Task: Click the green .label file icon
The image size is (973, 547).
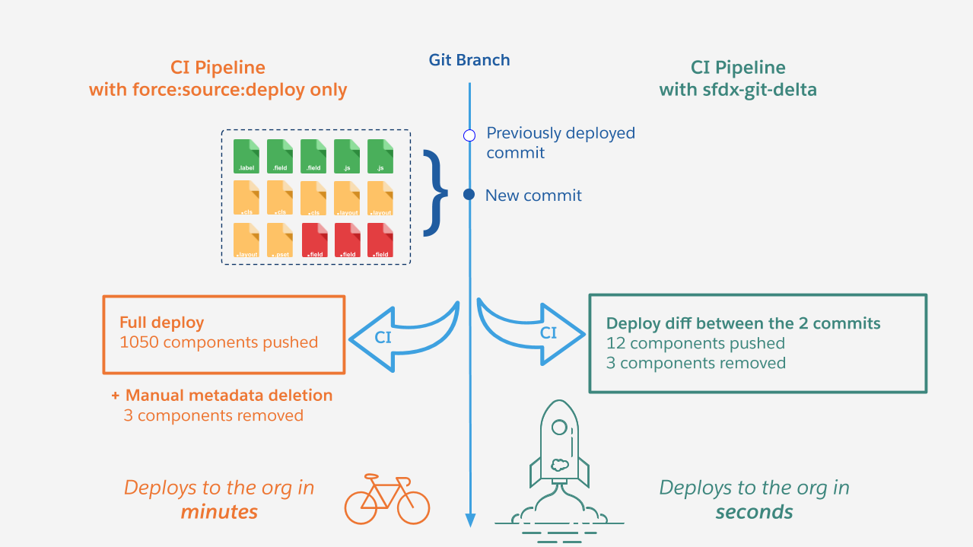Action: point(246,156)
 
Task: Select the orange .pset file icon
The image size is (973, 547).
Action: point(280,240)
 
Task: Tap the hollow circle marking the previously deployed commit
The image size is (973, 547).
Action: point(469,135)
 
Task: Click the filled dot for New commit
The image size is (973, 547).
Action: point(469,195)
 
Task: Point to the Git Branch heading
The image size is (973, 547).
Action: point(469,60)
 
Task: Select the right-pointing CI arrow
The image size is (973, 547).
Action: point(536,332)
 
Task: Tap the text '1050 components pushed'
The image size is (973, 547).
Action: point(218,342)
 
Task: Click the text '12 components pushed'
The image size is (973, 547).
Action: point(695,343)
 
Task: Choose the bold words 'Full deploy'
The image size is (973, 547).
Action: point(161,323)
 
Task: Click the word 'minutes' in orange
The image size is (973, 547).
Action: point(219,511)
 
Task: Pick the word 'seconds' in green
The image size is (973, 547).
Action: point(754,511)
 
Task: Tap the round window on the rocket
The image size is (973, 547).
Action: point(559,428)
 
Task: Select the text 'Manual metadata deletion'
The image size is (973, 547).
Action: point(228,396)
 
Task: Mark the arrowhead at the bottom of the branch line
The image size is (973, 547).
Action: point(470,520)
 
